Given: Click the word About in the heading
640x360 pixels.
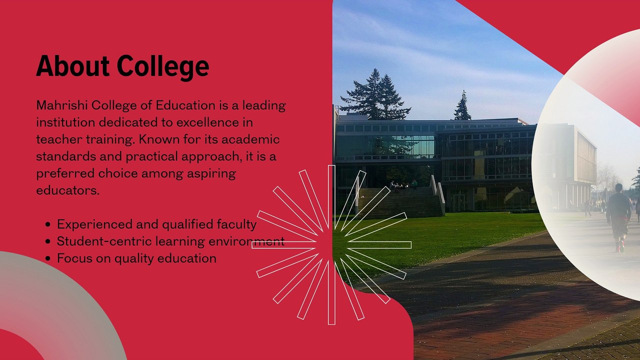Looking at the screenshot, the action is pyautogui.click(x=73, y=66).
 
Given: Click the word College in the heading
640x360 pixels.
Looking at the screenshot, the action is pyautogui.click(x=163, y=67).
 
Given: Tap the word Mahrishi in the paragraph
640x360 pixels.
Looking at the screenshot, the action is pyautogui.click(x=62, y=105).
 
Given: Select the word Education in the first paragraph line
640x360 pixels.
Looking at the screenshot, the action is pyautogui.click(x=185, y=105).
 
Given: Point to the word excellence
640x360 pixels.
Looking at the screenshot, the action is pyautogui.click(x=207, y=122).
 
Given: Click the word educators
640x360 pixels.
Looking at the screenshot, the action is pyautogui.click(x=68, y=190).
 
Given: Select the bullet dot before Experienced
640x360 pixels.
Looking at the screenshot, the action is pyautogui.click(x=47, y=224).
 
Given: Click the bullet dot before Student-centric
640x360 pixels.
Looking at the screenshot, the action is pyautogui.click(x=47, y=241).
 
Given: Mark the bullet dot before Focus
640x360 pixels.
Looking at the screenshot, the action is pyautogui.click(x=47, y=258).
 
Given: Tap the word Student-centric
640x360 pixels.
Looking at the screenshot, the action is pyautogui.click(x=104, y=241).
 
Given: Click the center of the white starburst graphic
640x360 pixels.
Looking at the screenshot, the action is pyautogui.click(x=331, y=245).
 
